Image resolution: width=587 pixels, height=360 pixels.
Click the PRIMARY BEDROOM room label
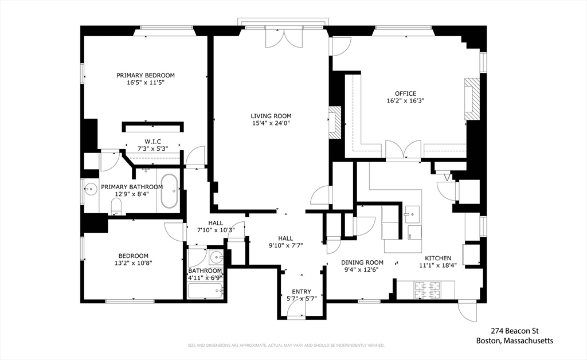tap(146, 75)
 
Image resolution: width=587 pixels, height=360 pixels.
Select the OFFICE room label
tap(405, 93)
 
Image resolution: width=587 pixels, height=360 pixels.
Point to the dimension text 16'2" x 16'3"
tap(405, 101)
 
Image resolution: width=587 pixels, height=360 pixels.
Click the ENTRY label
tap(302, 292)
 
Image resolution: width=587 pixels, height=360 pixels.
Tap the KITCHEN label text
tap(437, 258)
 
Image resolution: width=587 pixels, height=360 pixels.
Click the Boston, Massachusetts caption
tap(515, 341)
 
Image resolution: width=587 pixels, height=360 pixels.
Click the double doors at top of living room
tap(283, 38)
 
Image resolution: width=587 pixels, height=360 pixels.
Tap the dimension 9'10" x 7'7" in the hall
tap(285, 245)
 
